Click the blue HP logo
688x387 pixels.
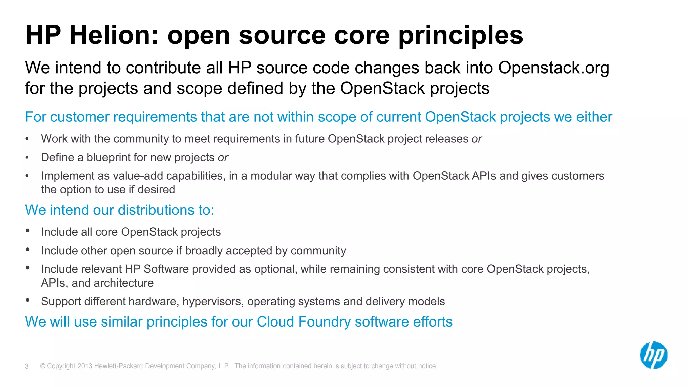click(x=653, y=355)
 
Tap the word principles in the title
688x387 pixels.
click(x=461, y=35)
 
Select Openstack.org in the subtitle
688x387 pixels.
click(x=553, y=68)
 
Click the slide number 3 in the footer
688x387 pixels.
click(x=27, y=366)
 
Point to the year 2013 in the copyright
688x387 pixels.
click(x=85, y=366)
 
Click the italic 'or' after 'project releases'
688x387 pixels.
click(x=477, y=139)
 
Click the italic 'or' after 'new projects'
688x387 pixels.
click(x=223, y=157)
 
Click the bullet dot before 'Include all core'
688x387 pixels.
click(x=28, y=231)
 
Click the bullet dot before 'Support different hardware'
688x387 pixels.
click(x=28, y=300)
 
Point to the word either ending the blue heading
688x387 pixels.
click(x=594, y=117)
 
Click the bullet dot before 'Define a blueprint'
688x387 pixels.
click(x=27, y=157)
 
